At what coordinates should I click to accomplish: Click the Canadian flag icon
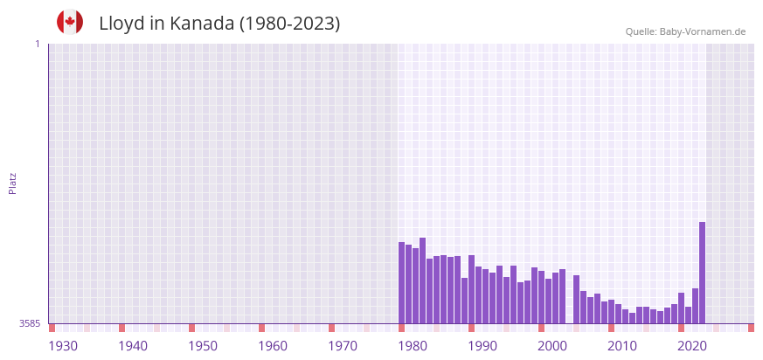click(x=70, y=23)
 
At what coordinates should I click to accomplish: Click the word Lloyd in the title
click(x=121, y=24)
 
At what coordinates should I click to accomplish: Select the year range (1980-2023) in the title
click(x=289, y=24)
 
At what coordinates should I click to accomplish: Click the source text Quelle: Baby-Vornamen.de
click(x=685, y=31)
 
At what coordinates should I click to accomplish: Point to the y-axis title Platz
click(x=13, y=183)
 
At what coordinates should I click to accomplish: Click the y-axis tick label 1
click(x=37, y=44)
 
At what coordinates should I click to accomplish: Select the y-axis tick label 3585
click(x=30, y=323)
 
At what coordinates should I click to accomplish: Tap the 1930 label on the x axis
click(x=63, y=346)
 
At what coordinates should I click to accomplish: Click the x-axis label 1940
click(x=133, y=346)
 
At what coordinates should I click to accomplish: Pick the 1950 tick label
click(x=203, y=346)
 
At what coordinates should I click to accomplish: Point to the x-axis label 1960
click(x=273, y=346)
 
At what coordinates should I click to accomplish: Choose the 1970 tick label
click(x=343, y=346)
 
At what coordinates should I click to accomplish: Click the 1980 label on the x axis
click(x=413, y=346)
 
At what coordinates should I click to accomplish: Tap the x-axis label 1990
click(x=482, y=346)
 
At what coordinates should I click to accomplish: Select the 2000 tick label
click(x=552, y=346)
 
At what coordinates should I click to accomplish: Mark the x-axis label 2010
click(x=622, y=346)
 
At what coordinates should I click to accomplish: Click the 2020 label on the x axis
click(x=692, y=346)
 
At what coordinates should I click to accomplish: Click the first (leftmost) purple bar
click(x=401, y=282)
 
